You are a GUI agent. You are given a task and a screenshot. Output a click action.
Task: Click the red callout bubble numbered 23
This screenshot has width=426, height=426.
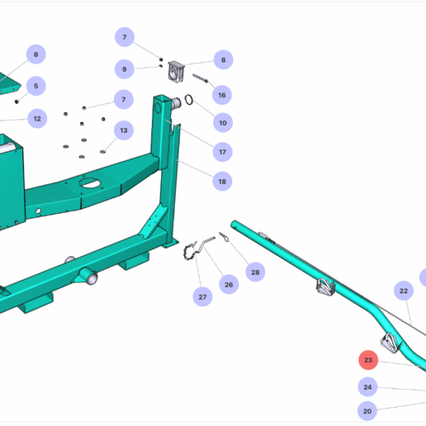coord(368,361)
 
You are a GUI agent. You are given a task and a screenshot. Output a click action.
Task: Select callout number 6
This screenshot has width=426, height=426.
coord(35,55)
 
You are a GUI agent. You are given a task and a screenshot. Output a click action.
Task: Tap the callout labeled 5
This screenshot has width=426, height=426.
coord(35,86)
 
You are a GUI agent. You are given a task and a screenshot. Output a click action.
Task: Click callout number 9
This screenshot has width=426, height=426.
coord(124,69)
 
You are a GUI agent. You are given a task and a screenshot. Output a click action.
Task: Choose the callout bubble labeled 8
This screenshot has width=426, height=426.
coord(223,61)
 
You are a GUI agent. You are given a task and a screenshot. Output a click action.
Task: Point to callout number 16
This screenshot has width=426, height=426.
coord(222,95)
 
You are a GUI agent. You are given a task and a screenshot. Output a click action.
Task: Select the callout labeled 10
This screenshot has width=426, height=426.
coord(222,123)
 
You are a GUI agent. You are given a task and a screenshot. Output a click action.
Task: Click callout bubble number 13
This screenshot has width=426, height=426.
coord(124,130)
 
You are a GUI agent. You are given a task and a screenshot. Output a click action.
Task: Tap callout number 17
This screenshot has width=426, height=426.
coord(222,151)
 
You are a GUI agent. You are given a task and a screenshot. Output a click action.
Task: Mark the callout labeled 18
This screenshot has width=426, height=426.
coord(222,182)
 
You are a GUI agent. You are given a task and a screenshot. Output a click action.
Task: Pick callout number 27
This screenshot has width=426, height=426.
coord(202,297)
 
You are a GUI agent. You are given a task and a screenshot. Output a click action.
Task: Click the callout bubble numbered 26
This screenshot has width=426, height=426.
coord(228,285)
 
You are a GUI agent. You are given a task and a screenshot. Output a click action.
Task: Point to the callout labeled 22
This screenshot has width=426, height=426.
coord(403,291)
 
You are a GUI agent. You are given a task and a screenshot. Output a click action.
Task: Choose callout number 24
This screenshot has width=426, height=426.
coord(368,387)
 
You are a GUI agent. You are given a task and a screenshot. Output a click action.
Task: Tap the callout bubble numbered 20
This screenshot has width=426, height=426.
coord(368,410)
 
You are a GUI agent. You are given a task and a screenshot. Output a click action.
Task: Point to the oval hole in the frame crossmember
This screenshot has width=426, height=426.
coord(90,182)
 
